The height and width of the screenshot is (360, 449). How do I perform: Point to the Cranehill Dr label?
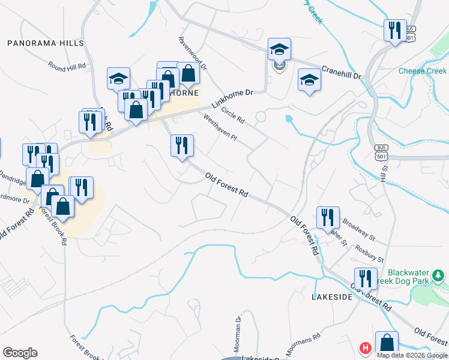coord(340,72)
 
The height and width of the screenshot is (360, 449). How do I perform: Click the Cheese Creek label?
coord(423,71)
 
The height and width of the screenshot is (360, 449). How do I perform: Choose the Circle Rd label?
coord(233,113)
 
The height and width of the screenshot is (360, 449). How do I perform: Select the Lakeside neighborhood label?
coord(331,297)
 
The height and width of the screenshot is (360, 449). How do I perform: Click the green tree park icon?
coord(439,275)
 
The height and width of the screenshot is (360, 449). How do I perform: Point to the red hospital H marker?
coord(364,348)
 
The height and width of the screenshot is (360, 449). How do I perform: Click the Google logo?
coord(20,353)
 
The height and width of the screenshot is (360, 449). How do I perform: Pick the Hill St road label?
coord(384,175)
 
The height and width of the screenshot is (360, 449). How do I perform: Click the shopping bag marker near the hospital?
coord(387,343)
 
